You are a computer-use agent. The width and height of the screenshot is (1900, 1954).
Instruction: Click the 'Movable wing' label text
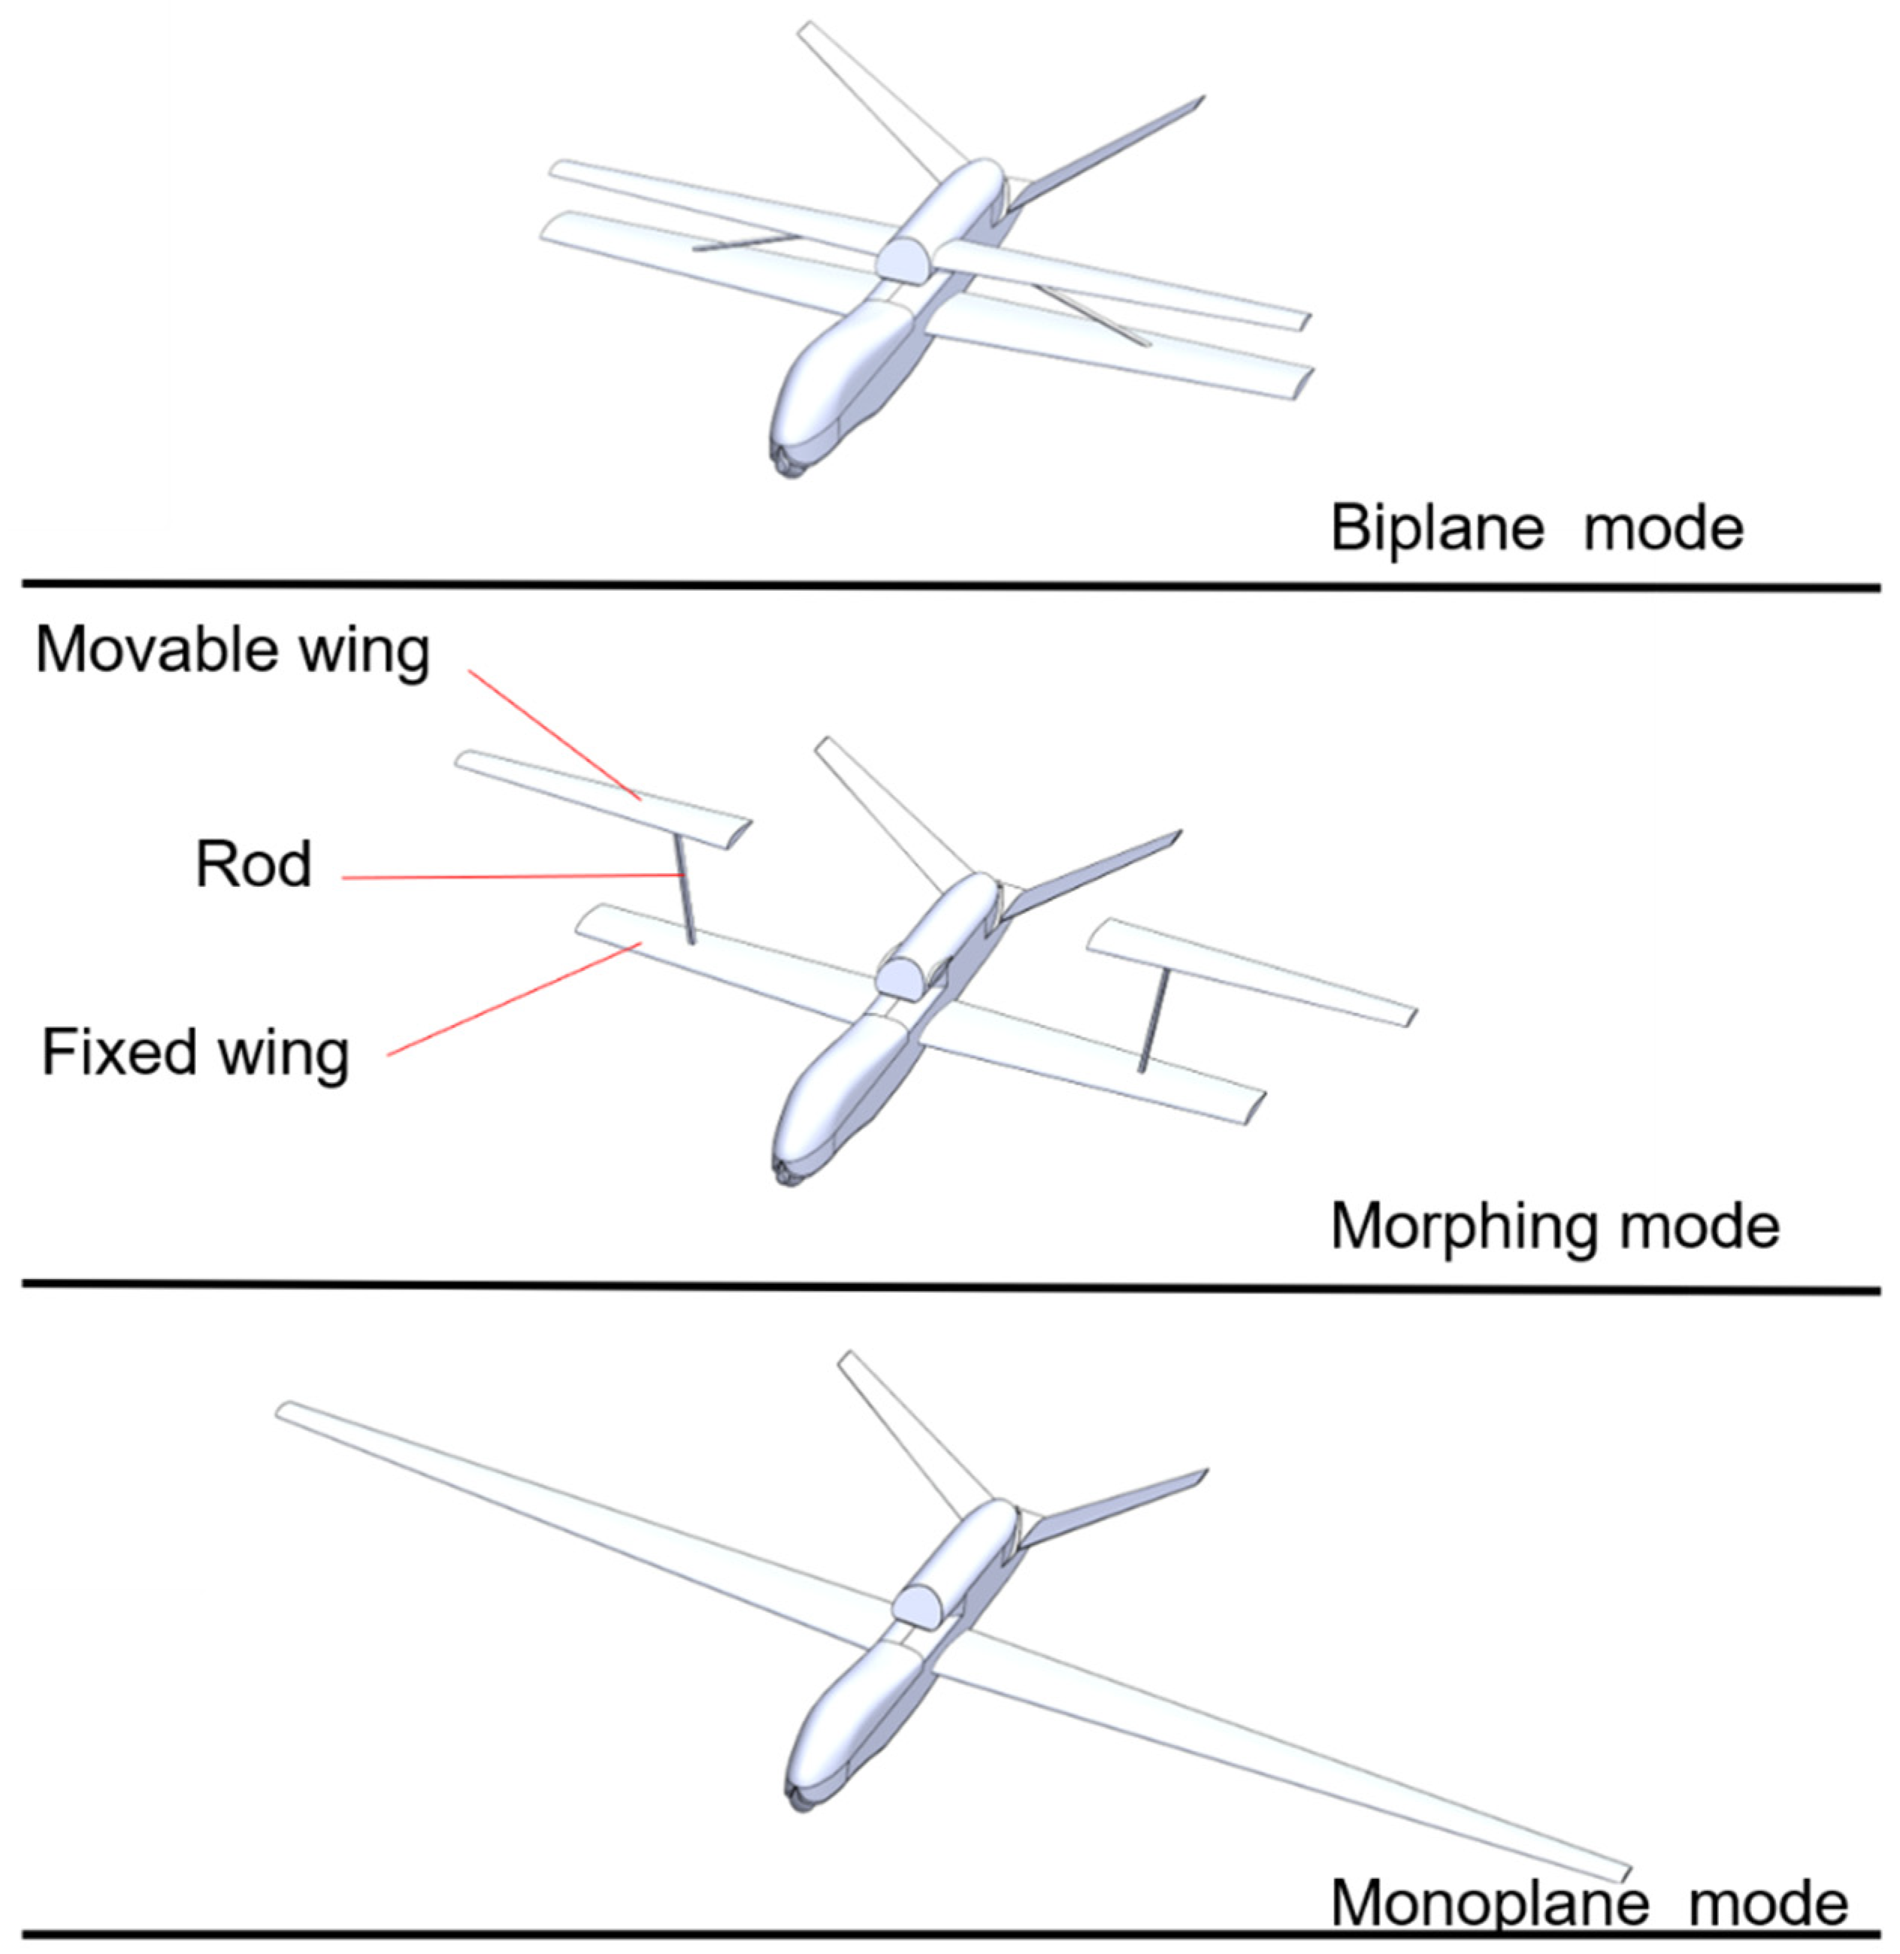coord(232,651)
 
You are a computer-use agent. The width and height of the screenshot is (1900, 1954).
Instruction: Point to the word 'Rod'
coord(253,864)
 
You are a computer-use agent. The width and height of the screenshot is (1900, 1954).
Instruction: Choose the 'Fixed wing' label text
coord(195,1054)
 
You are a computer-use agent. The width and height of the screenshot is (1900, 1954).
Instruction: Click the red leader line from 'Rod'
coord(509,877)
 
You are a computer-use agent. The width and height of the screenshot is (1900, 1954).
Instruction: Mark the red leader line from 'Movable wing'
coord(554,736)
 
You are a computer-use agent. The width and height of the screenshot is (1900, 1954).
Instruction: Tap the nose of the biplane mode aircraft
coord(788,461)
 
